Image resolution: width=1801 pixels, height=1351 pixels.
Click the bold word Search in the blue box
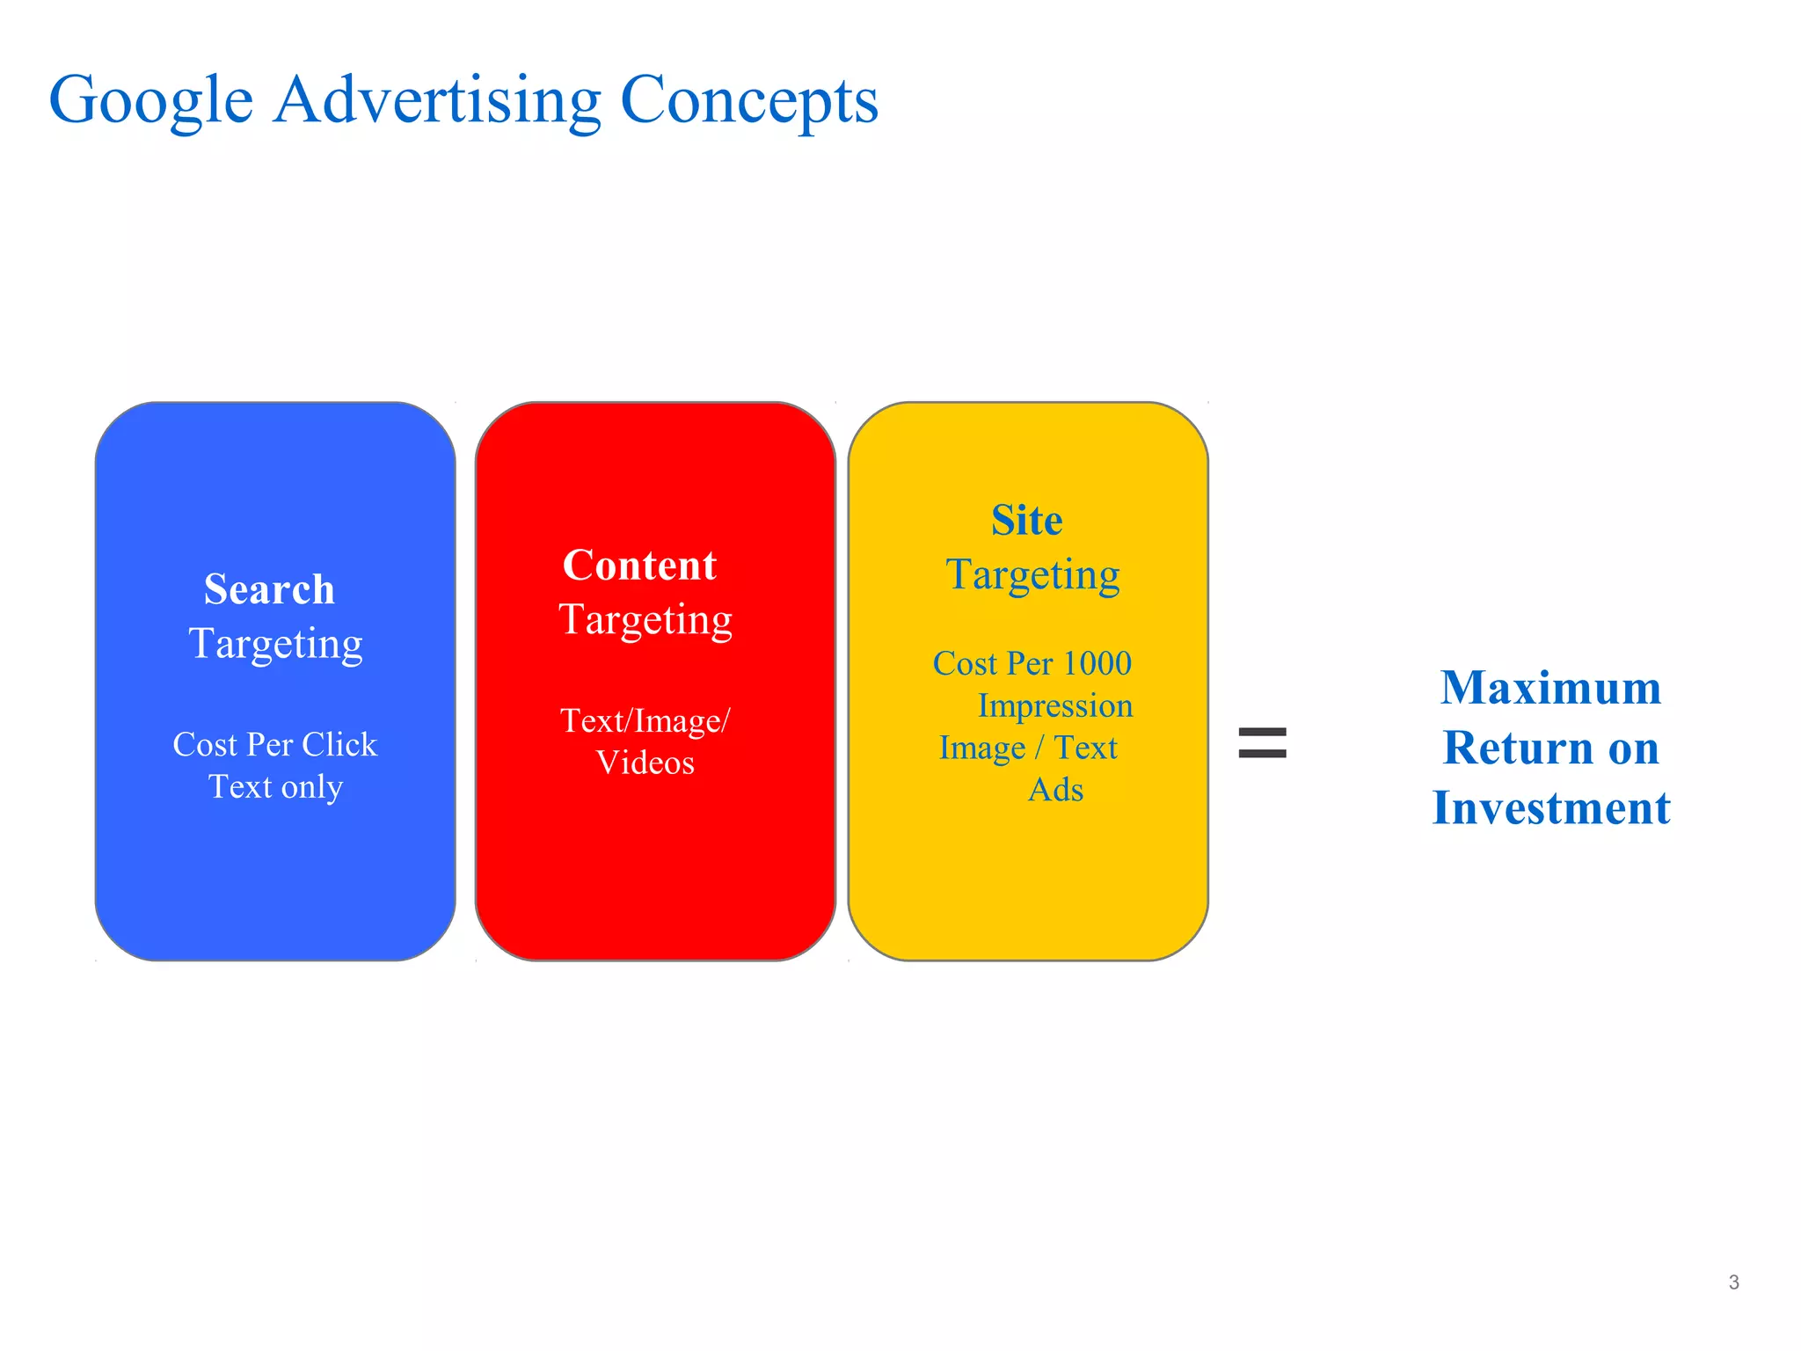point(269,589)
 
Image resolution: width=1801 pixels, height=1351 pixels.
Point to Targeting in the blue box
point(275,644)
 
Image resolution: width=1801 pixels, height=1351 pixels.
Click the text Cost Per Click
point(275,745)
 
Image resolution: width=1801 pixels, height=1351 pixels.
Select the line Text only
point(275,786)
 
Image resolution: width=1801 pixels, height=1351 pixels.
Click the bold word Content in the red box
point(639,566)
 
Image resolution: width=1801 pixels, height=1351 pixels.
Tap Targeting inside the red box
point(645,620)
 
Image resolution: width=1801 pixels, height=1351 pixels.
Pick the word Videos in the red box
point(645,763)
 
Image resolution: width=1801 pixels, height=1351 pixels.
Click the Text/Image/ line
point(645,721)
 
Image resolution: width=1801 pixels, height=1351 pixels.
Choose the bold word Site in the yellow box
point(1026,521)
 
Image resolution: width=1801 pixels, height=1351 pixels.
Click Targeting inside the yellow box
point(1032,575)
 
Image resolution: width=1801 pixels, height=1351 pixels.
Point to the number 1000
point(1097,664)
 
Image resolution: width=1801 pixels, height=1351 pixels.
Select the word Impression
point(1055,706)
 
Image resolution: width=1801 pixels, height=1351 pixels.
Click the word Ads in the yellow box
point(1055,790)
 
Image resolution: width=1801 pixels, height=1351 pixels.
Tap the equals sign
point(1262,742)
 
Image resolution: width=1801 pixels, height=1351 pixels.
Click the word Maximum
point(1550,688)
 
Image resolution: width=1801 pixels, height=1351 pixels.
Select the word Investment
point(1550,808)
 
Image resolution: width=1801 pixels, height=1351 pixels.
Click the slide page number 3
point(1733,1282)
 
